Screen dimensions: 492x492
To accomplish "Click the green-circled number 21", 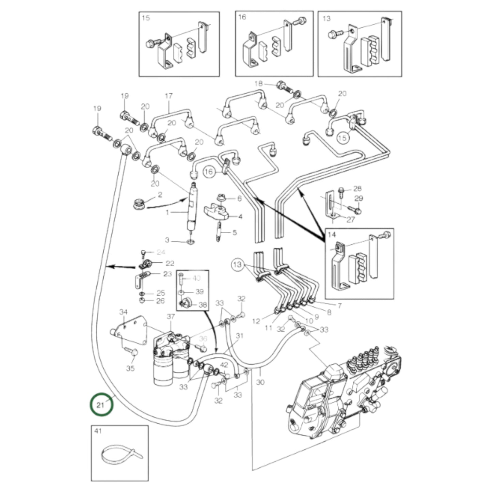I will (101, 404).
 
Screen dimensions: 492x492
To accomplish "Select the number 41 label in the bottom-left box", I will (98, 431).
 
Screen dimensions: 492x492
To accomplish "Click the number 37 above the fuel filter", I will (170, 317).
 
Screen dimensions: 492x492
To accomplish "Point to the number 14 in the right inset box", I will (332, 235).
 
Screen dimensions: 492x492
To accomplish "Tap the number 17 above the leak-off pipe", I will (169, 96).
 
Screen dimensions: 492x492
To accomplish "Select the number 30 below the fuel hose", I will (260, 382).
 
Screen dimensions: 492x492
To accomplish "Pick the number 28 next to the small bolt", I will (357, 189).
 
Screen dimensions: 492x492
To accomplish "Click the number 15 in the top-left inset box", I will (146, 18).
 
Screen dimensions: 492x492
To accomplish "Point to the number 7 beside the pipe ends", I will (339, 306).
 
